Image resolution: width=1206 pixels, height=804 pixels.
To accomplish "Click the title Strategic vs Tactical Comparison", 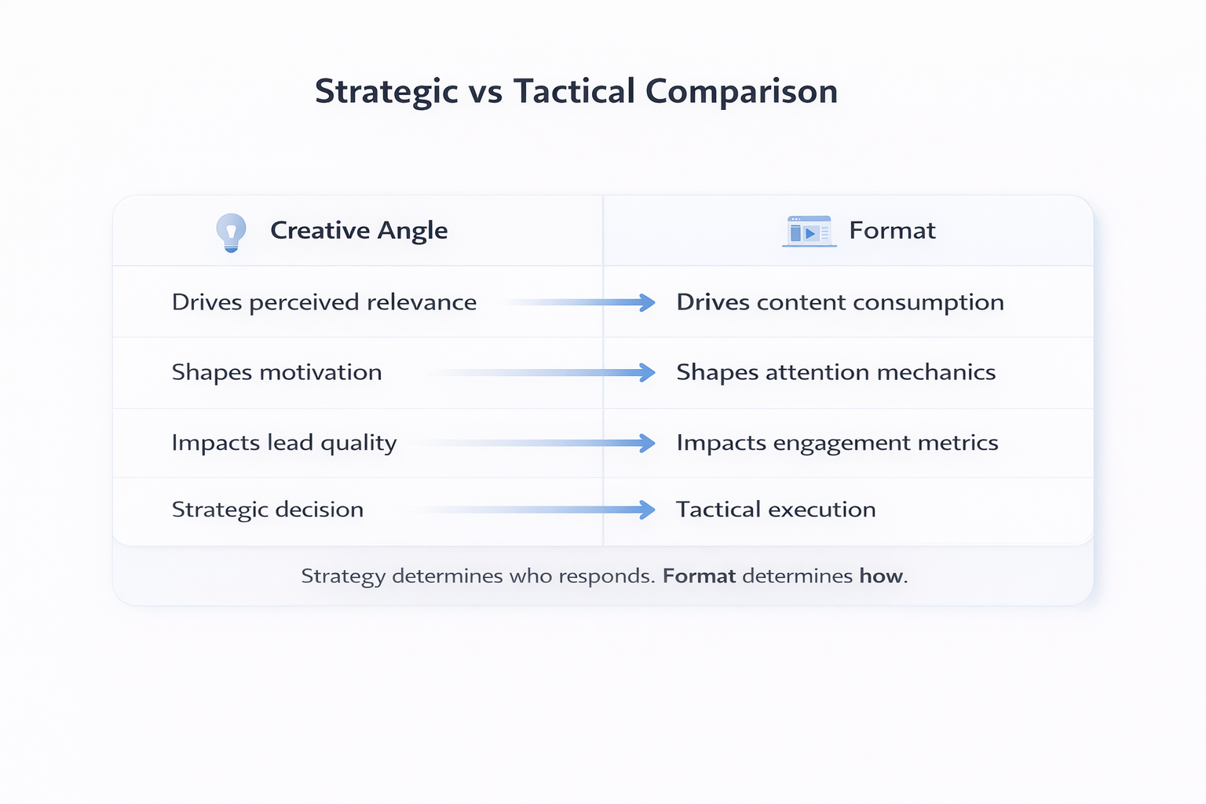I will click(576, 92).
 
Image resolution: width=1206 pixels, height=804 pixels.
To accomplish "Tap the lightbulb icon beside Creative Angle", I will click(231, 232).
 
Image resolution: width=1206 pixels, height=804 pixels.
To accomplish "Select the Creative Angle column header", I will click(359, 231).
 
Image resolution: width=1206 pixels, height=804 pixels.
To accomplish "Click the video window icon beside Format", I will click(809, 232).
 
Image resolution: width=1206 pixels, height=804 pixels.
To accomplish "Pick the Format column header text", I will click(892, 231).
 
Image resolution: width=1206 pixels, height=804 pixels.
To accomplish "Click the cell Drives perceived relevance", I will click(323, 302).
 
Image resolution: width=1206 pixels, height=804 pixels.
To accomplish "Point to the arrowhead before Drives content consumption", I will click(647, 302).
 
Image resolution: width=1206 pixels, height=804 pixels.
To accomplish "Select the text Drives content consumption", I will click(840, 302).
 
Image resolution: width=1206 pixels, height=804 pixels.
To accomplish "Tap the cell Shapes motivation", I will click(276, 372).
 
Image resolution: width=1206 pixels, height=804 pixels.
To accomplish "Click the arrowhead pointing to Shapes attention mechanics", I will click(647, 372).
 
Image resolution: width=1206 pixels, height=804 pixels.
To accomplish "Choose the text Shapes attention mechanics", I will click(835, 372).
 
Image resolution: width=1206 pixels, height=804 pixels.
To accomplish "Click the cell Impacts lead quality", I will click(283, 443).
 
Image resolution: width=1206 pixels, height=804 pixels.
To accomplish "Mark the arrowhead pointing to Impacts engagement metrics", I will click(647, 443).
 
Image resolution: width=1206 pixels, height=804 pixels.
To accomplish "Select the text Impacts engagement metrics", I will click(837, 443).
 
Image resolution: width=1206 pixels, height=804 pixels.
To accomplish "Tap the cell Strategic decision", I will click(267, 510).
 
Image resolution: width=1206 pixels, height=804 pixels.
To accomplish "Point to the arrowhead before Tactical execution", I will click(647, 510).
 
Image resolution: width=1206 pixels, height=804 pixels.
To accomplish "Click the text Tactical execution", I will click(776, 510).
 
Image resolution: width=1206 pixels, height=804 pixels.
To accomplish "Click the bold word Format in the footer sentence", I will click(699, 576).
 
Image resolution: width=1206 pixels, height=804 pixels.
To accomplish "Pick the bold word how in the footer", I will click(880, 576).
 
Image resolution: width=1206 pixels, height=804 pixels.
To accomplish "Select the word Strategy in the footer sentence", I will click(343, 576).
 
